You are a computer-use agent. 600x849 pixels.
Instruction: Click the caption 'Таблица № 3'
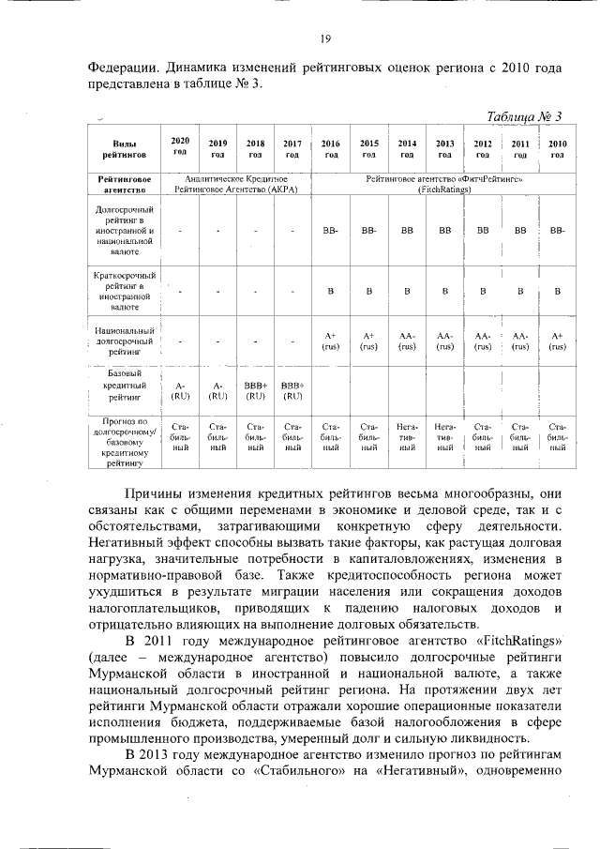[525, 116]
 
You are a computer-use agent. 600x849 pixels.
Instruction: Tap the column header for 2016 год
[331, 148]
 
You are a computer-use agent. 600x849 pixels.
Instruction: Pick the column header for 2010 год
[557, 148]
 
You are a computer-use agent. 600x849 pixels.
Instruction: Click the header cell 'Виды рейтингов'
[118, 148]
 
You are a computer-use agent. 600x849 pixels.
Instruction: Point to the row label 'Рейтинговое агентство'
[118, 183]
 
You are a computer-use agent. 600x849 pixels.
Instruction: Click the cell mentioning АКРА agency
[235, 183]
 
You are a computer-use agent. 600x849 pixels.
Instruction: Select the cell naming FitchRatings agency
[444, 183]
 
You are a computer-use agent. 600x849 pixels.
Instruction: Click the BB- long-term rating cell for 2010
[557, 229]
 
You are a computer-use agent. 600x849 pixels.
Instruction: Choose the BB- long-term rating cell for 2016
[331, 229]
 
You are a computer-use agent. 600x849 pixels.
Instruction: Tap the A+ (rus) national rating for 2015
[368, 341]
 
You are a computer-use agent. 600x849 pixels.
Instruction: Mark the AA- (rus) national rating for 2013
[444, 341]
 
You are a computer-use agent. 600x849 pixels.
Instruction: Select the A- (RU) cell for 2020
[180, 390]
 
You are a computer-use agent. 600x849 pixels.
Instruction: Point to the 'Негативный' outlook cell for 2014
[407, 436]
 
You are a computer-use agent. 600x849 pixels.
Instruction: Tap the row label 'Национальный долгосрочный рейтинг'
[118, 341]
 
